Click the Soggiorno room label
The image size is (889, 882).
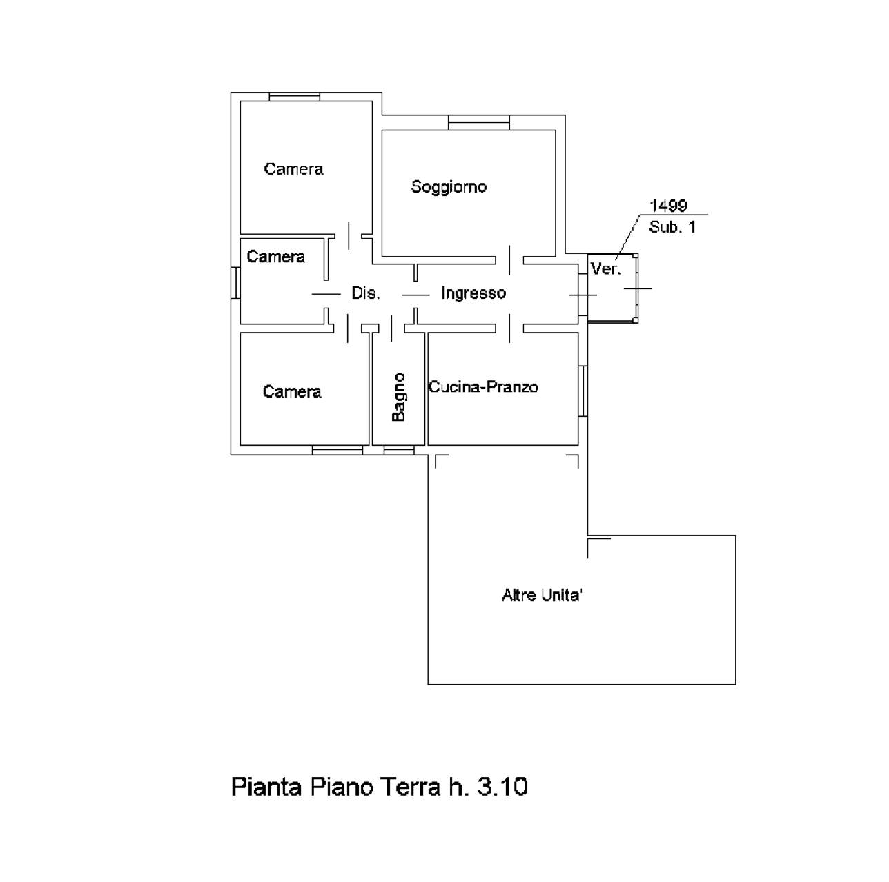pos(449,187)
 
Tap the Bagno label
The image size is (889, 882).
pos(398,397)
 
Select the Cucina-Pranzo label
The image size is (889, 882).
pos(483,386)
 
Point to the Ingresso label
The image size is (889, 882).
pos(473,293)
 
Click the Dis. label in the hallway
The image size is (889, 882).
pos(365,293)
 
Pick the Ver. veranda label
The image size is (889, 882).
pos(605,268)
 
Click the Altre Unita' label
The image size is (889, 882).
pos(542,595)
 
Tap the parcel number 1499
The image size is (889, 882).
pos(668,206)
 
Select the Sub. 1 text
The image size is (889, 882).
pos(672,227)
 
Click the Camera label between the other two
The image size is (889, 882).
pos(276,257)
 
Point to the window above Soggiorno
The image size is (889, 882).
pos(479,123)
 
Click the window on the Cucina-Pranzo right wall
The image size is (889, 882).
pos(583,391)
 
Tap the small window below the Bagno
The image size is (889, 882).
pos(399,450)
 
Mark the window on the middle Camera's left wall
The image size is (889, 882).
pos(235,283)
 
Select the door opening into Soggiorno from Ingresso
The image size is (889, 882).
pos(509,260)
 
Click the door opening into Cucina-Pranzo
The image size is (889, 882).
pos(509,328)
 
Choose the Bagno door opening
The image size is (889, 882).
pos(391,328)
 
